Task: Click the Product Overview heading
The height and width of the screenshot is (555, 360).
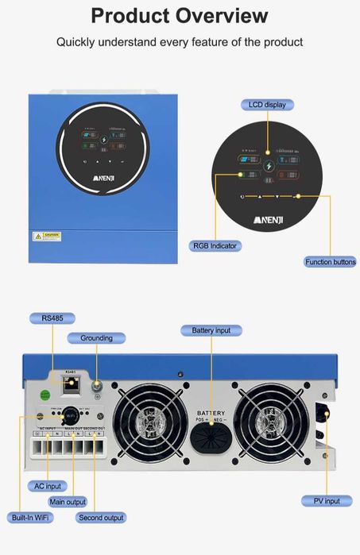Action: coord(180,16)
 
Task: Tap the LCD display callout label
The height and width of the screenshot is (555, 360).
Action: coord(267,105)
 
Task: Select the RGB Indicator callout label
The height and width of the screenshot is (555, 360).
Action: coord(215,245)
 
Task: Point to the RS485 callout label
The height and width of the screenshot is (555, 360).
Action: coord(53,318)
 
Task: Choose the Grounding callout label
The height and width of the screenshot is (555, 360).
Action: coord(96,338)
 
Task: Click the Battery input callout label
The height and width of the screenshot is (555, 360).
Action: coord(211,330)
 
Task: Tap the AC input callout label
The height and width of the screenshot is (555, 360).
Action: coord(47,485)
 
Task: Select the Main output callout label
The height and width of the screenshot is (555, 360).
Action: coord(68,501)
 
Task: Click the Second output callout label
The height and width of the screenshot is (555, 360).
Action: coord(101,518)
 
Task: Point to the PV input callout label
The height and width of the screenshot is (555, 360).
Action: coord(321,501)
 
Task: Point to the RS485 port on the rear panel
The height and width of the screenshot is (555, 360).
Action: coord(70,383)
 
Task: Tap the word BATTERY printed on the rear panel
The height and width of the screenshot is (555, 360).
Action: coord(211,413)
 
